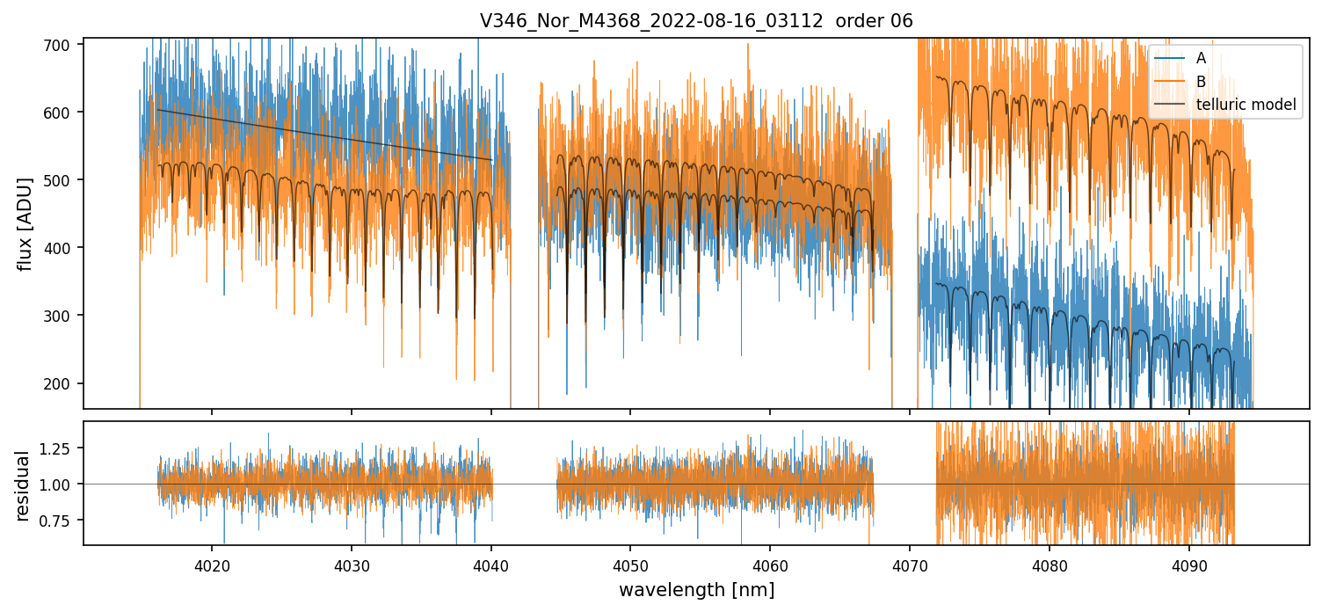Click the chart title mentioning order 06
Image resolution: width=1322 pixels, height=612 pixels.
696,21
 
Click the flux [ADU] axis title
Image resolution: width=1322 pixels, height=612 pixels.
25,223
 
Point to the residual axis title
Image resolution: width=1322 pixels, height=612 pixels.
23,485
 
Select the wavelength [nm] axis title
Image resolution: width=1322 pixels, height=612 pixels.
696,590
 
